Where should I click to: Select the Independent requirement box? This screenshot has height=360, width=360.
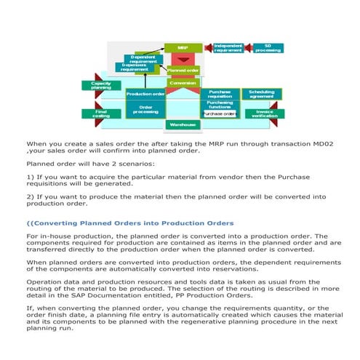[x=228, y=48]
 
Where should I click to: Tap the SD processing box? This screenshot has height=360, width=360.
[x=268, y=48]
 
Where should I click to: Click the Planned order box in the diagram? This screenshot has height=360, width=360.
[x=183, y=71]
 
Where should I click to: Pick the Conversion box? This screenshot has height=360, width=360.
[x=183, y=84]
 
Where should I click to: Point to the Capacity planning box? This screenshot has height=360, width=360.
[x=101, y=86]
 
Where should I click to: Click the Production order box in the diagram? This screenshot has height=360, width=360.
[x=145, y=94]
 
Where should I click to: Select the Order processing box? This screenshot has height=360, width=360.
[x=145, y=110]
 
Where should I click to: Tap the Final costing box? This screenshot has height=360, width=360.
[x=101, y=113]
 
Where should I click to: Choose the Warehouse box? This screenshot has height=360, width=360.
[x=183, y=124]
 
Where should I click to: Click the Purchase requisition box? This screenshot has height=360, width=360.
[x=219, y=94]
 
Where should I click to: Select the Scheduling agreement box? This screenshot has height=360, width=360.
[x=262, y=94]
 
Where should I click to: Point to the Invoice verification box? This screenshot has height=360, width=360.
[x=264, y=113]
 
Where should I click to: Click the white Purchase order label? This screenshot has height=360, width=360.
[x=219, y=114]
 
